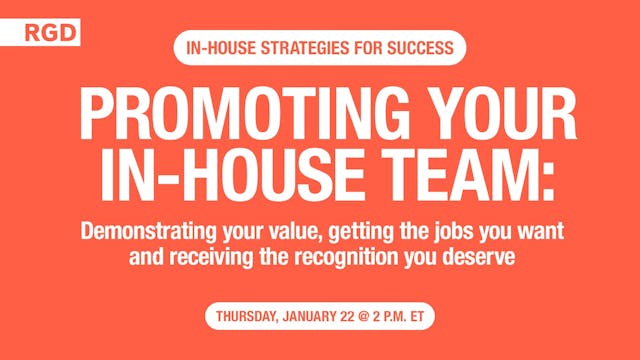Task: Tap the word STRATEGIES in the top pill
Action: click(x=295, y=46)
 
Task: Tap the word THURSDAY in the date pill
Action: click(x=250, y=318)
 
